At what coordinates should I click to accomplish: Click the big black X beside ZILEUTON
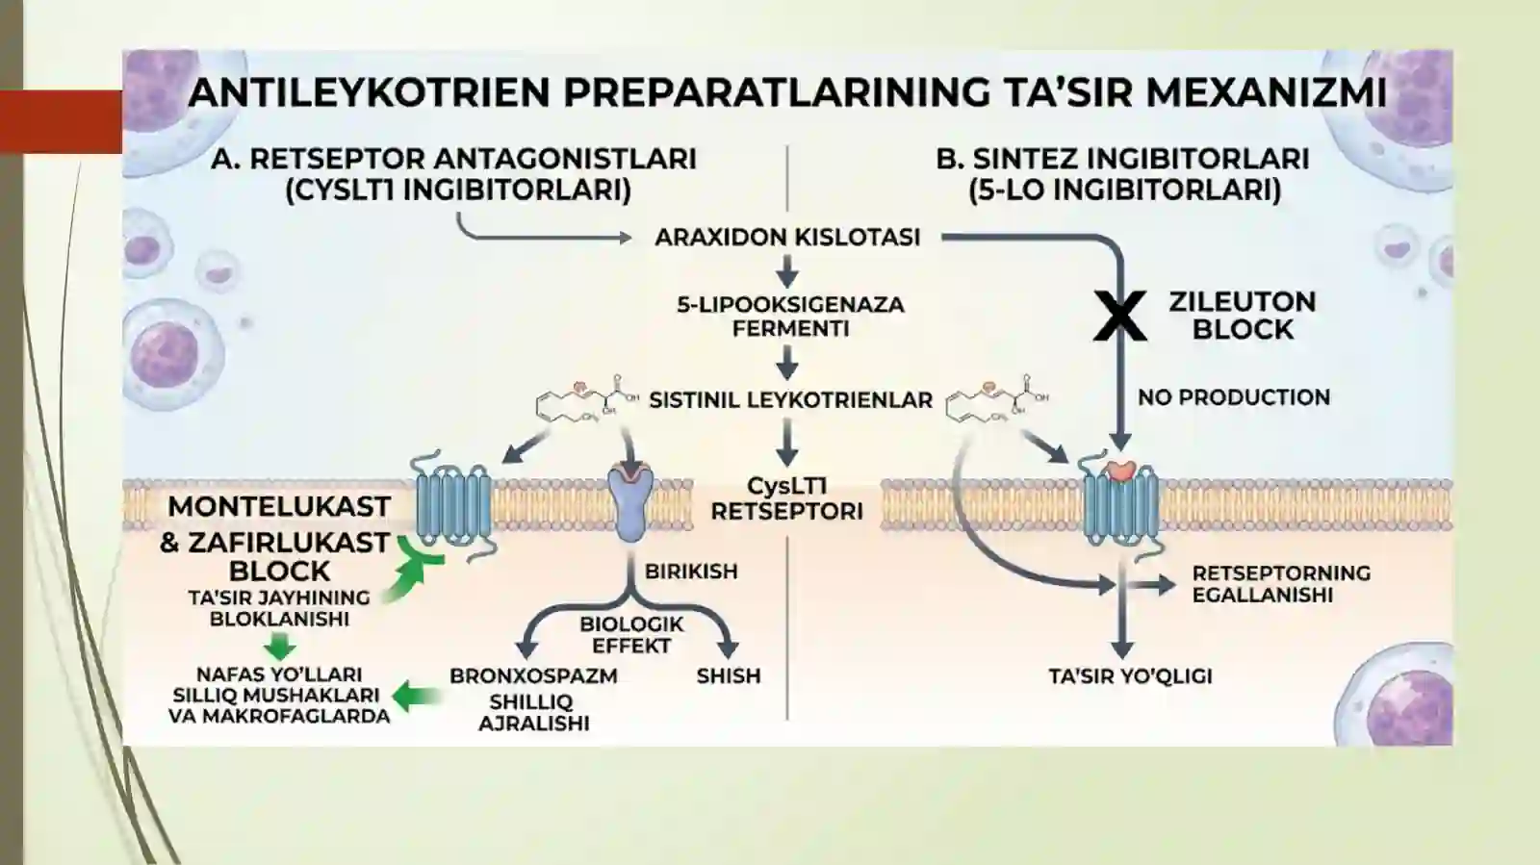(1120, 316)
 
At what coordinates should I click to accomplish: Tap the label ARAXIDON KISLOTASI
(787, 237)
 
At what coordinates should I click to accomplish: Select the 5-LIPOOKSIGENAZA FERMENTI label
(790, 316)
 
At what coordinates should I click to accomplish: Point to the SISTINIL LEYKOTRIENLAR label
(790, 400)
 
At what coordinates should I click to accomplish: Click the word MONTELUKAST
(279, 506)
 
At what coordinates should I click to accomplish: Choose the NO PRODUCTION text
(1234, 397)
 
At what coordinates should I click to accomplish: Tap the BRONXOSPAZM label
(533, 675)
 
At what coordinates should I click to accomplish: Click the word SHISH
(729, 675)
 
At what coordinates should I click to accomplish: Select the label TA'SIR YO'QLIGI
(1131, 676)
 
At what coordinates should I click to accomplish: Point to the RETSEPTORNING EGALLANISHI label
(1281, 583)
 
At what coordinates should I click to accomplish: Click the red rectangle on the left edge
(62, 121)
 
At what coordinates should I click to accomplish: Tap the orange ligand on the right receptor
(1121, 470)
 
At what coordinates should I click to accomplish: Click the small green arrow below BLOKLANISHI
(280, 647)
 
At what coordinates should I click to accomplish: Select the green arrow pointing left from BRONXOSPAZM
(417, 697)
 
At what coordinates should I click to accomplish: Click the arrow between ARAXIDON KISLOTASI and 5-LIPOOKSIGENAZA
(787, 271)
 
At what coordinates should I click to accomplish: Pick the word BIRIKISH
(691, 571)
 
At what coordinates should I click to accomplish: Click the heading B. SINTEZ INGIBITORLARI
(1122, 159)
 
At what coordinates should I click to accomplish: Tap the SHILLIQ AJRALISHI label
(533, 712)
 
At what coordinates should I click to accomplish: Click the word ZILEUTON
(1243, 301)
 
